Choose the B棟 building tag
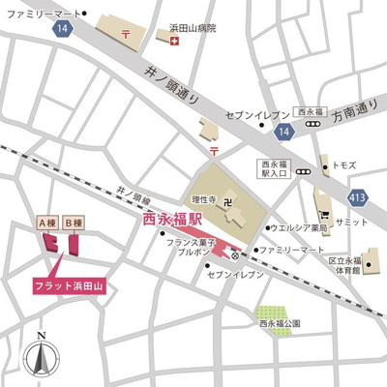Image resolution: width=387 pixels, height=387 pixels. pyautogui.click(x=74, y=223)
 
